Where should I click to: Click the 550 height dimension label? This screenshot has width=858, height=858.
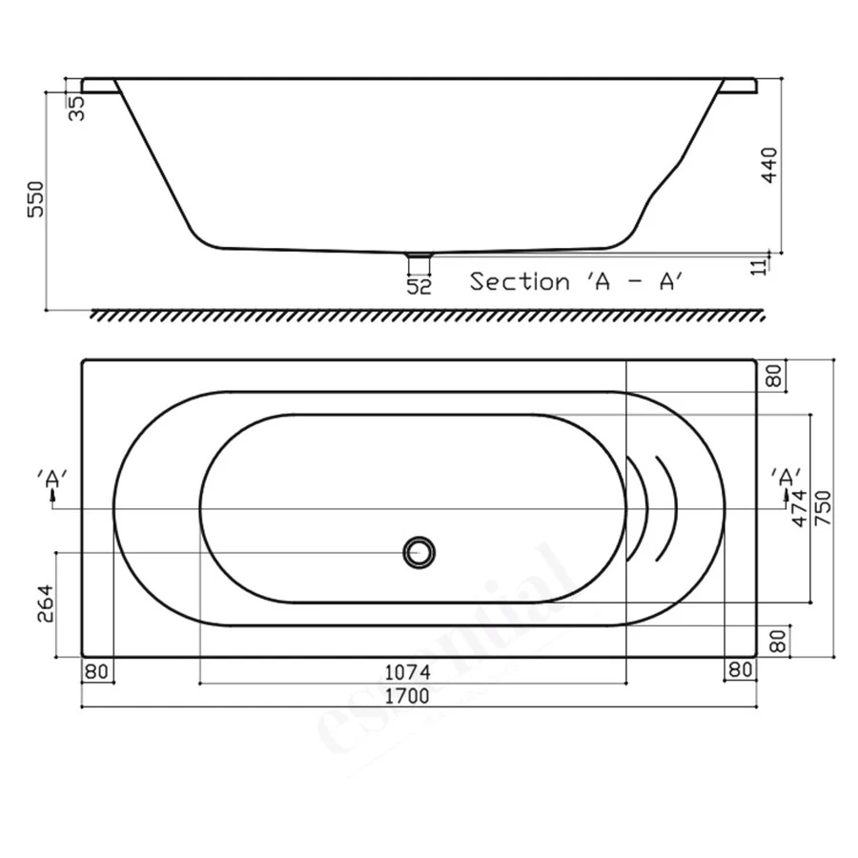coord(36,198)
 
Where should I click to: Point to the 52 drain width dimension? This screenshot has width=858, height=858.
coord(419,286)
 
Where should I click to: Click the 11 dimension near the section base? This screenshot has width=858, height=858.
coord(760,265)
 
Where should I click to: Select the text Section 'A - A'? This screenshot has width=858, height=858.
coord(576,282)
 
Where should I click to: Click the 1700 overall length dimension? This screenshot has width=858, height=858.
coord(407,696)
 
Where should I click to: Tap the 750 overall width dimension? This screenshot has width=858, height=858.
coord(823,508)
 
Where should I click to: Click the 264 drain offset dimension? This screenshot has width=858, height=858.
coord(45,603)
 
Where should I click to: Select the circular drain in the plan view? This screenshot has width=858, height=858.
coord(419,552)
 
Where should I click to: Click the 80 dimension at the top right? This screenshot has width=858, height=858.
coord(776,377)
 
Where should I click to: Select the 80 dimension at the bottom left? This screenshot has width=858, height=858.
coord(96,671)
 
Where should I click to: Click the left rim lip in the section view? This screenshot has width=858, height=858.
coord(99,86)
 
